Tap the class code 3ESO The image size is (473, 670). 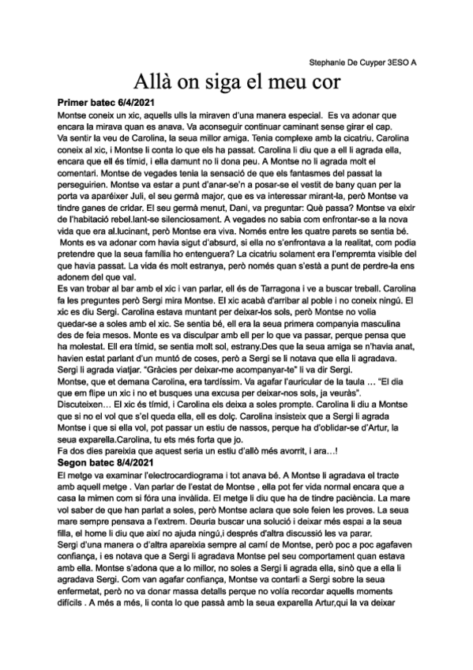400,61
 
